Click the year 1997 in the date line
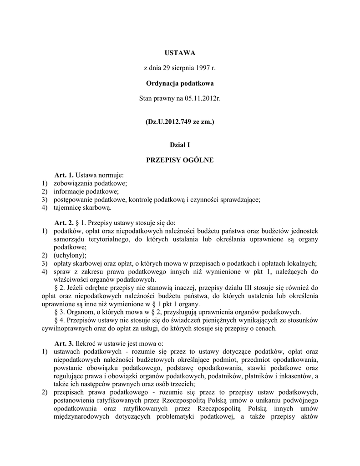pyautogui.click(x=203, y=68)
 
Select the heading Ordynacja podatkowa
pyautogui.click(x=180, y=83)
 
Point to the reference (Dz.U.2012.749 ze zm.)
pyautogui.click(x=180, y=122)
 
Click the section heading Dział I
pyautogui.click(x=180, y=145)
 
